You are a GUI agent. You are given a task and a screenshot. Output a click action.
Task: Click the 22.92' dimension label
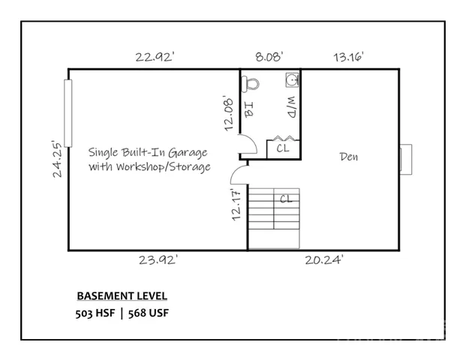(x=155, y=56)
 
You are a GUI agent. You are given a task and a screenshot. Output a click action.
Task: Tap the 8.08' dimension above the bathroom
(x=269, y=56)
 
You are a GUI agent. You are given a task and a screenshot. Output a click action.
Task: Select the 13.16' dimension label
(x=349, y=56)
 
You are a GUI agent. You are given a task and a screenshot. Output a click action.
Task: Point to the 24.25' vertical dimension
(x=57, y=159)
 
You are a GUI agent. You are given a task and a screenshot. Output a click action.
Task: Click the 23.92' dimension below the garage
(x=158, y=260)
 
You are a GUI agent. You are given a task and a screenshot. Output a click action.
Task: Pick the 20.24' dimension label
(x=324, y=260)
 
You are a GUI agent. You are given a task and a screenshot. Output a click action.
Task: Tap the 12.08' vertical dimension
(x=229, y=113)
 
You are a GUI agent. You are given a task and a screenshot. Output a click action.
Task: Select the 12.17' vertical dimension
(x=236, y=204)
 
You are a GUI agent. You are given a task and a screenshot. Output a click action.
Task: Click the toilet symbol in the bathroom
(x=250, y=84)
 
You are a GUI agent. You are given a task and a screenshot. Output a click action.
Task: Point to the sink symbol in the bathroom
(x=292, y=80)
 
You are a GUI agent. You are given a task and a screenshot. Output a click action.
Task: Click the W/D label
(x=292, y=107)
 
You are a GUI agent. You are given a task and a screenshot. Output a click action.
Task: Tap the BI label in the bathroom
(x=249, y=109)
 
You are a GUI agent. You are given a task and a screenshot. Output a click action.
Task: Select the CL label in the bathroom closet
(x=283, y=148)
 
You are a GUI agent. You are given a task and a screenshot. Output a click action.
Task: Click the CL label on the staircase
(x=286, y=199)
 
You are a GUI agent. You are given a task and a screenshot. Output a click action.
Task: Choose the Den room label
(x=349, y=157)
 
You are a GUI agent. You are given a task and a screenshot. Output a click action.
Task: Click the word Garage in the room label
(x=188, y=153)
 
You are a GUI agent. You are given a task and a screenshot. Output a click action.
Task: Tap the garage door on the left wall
(x=68, y=113)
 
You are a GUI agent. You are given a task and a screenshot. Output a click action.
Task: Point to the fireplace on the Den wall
(x=406, y=159)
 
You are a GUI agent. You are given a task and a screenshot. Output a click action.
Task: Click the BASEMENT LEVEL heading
(x=122, y=295)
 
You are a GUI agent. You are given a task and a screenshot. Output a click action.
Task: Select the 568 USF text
(x=149, y=313)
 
